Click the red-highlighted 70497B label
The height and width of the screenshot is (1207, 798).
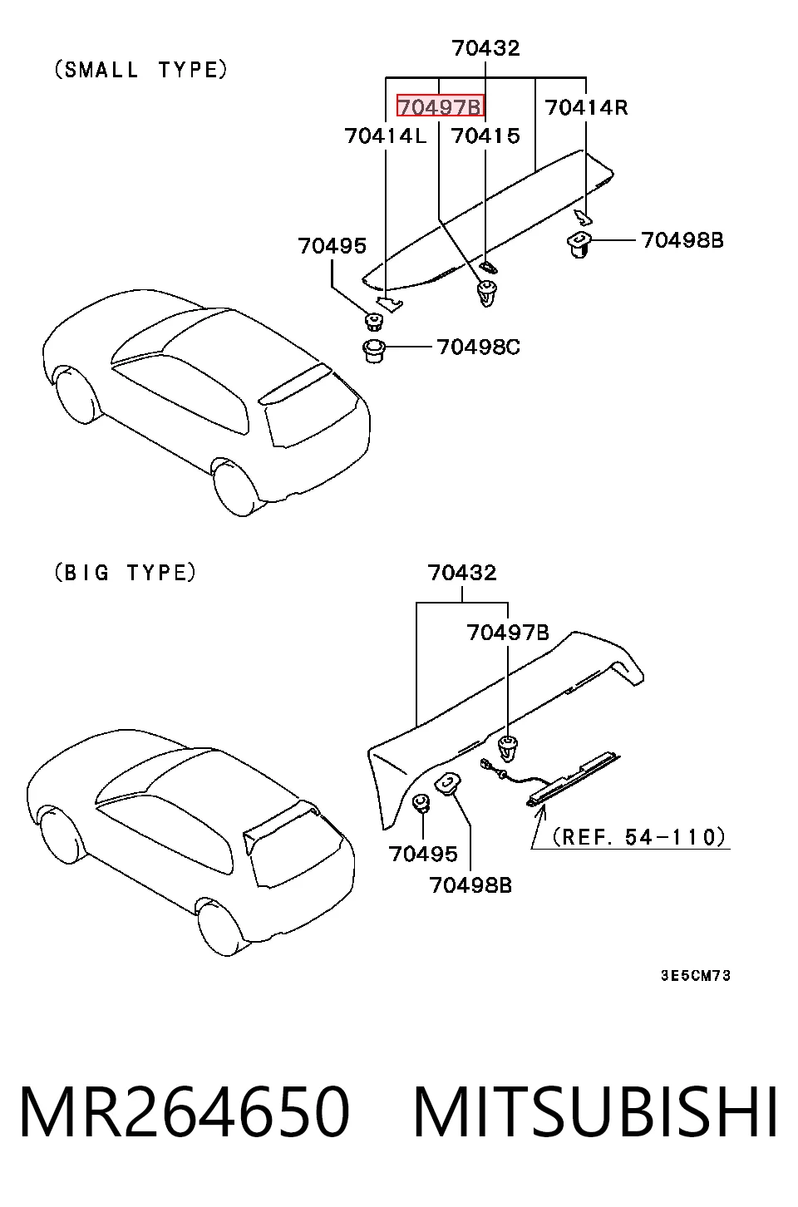tap(441, 106)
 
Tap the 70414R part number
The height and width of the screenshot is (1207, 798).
tap(586, 107)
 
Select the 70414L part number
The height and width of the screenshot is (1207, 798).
tap(386, 135)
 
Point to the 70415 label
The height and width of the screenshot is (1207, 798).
tap(486, 135)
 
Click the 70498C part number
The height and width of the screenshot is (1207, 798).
tap(479, 347)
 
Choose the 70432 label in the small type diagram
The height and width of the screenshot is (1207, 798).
tap(486, 48)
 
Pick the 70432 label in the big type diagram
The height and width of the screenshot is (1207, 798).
tap(462, 573)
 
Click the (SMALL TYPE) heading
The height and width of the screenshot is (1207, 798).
tap(141, 70)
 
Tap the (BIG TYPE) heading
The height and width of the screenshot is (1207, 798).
tap(125, 572)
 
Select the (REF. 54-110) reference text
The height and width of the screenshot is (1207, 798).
tap(639, 837)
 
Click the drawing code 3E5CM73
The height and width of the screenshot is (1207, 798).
tap(696, 975)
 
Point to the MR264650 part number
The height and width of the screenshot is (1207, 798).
tap(185, 1112)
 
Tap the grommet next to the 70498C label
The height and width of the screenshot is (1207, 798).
tap(373, 351)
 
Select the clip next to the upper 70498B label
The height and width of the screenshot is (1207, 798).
tap(579, 243)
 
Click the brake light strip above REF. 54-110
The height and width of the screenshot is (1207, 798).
tap(574, 781)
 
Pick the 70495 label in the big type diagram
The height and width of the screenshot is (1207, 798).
tap(423, 854)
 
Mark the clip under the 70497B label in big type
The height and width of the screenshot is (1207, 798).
tap(507, 749)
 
